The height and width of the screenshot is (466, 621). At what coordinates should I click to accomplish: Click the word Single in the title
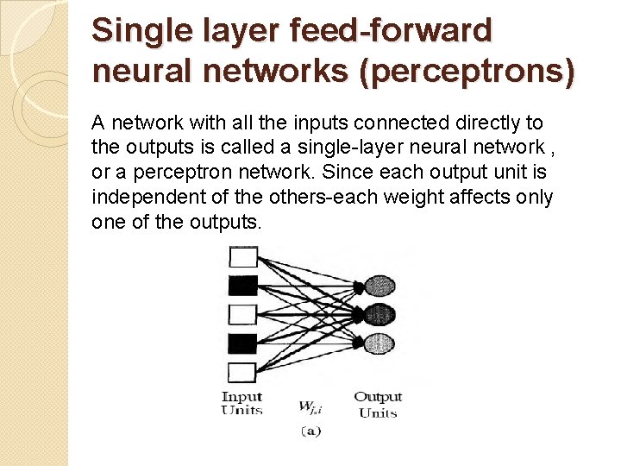pyautogui.click(x=132, y=32)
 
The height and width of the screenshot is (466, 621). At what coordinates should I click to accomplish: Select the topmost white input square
pyautogui.click(x=242, y=256)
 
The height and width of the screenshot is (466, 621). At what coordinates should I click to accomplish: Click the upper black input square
pyautogui.click(x=242, y=285)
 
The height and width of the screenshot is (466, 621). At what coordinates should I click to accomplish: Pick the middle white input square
pyautogui.click(x=242, y=313)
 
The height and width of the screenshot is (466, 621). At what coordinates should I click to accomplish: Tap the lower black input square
pyautogui.click(x=242, y=343)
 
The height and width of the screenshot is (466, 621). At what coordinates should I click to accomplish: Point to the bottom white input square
pyautogui.click(x=242, y=372)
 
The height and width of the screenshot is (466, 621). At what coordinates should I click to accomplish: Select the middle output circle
pyautogui.click(x=379, y=314)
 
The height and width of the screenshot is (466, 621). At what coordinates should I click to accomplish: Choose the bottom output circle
pyautogui.click(x=379, y=341)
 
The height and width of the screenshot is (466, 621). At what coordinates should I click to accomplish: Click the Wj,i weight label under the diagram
pyautogui.click(x=310, y=406)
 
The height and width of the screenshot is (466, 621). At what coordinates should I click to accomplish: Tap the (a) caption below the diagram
pyautogui.click(x=310, y=431)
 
